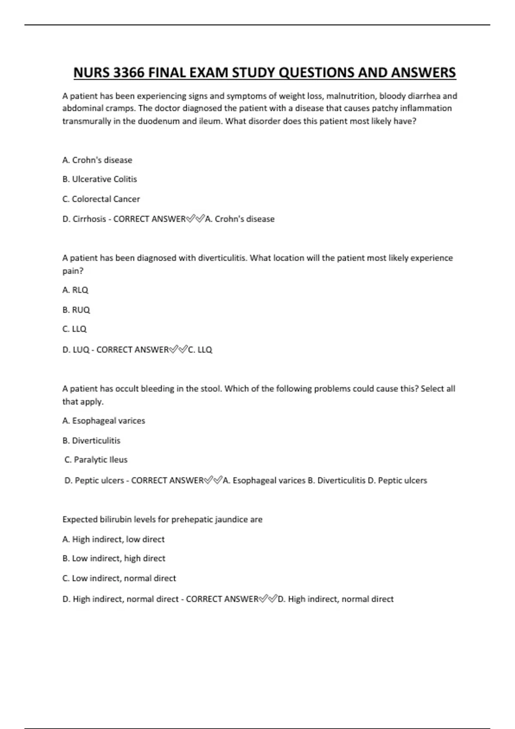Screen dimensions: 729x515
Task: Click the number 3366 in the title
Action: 128,73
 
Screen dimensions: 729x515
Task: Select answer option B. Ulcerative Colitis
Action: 100,179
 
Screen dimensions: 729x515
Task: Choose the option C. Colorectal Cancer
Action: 101,199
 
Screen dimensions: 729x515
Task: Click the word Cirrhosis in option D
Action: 89,219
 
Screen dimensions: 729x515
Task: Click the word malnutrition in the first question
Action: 351,96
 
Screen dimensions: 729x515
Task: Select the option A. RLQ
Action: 75,290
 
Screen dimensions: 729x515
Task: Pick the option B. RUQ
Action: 76,310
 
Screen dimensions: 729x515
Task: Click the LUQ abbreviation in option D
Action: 81,350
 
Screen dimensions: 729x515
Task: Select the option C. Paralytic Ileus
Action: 96,460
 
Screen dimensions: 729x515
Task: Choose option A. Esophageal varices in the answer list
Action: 104,421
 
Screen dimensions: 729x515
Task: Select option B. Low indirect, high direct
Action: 114,558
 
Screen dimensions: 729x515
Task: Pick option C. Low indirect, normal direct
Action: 119,578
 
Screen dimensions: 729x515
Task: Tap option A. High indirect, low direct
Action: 113,539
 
